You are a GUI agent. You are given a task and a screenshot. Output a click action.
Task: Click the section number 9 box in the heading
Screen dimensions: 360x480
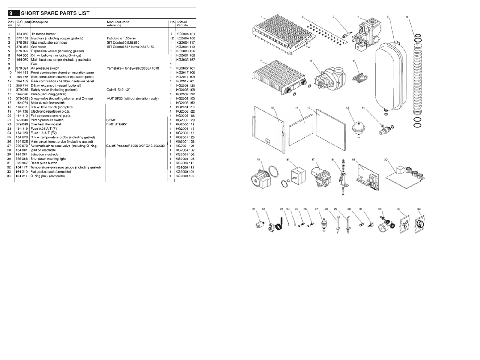click(11, 13)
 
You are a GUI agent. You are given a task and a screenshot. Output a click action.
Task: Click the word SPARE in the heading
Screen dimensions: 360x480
click(46, 13)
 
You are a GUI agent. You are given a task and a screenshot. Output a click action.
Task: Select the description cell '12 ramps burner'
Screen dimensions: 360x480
click(43, 34)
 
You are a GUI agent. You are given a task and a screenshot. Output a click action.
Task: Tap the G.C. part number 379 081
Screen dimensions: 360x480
click(22, 47)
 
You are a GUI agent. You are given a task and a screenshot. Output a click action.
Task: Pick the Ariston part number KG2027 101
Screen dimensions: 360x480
click(185, 68)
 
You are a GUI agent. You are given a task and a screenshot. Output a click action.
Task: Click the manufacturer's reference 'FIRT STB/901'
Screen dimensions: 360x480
click(117, 124)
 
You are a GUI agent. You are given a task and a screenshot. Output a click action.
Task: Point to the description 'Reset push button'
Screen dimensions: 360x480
click(44, 163)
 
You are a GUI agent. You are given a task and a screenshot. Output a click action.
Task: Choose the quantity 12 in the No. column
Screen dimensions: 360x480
click(172, 38)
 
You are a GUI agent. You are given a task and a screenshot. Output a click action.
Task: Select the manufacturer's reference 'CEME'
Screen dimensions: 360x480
click(111, 120)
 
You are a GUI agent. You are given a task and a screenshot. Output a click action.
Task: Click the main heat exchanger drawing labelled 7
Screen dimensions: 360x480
click(277, 78)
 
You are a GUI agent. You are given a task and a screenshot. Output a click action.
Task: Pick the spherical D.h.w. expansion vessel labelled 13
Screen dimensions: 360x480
click(358, 126)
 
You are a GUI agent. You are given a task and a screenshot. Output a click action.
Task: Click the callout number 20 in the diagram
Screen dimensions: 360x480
click(386, 160)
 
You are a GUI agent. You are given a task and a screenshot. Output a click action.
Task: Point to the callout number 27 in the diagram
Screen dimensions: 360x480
click(316, 209)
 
